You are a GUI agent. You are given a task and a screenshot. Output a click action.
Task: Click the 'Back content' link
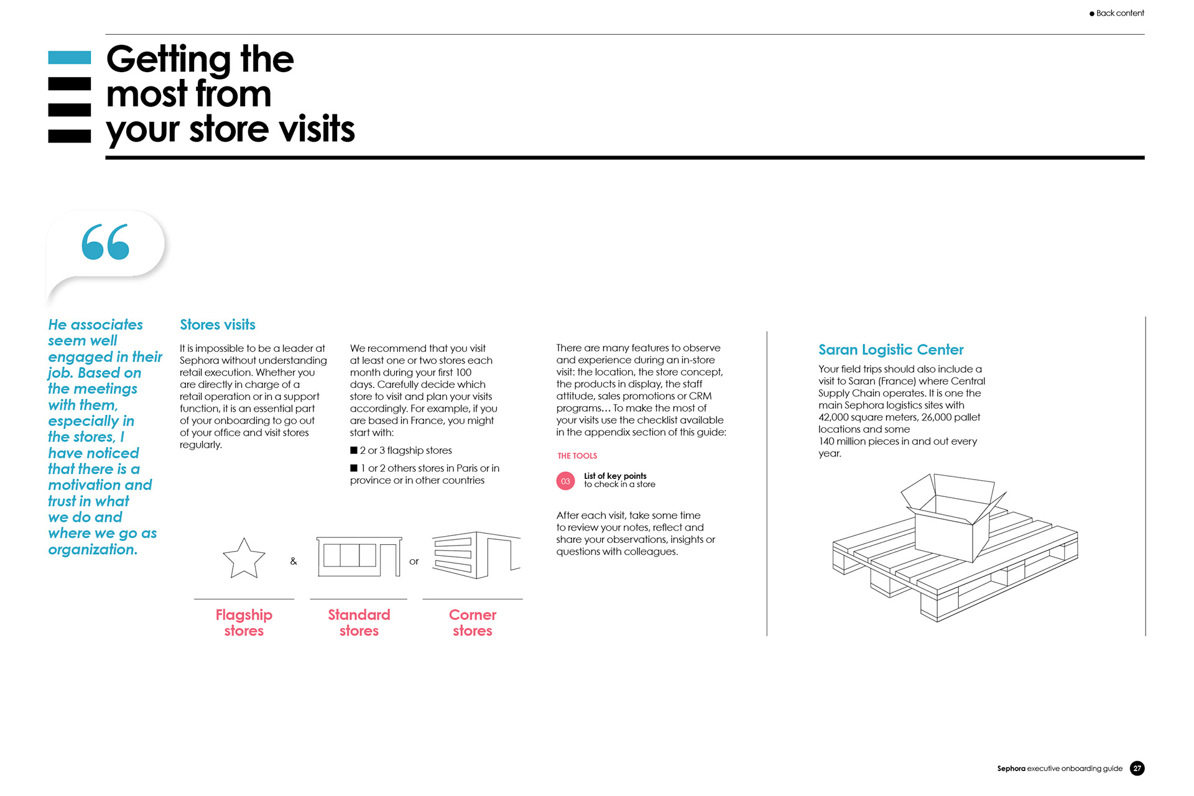click(x=1119, y=13)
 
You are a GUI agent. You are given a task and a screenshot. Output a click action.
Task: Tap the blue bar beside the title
click(x=69, y=58)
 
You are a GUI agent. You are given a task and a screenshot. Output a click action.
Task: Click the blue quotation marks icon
click(x=105, y=242)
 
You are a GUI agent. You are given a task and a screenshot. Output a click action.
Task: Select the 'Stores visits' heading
click(x=217, y=325)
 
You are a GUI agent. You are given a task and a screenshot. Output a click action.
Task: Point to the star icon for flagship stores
click(x=244, y=559)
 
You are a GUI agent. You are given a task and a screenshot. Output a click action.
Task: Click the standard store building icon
click(x=358, y=557)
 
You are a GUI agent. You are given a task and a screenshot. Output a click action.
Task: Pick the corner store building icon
click(x=476, y=555)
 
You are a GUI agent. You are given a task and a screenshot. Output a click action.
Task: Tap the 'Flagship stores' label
click(x=244, y=622)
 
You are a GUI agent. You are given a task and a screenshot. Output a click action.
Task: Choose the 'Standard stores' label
click(x=359, y=622)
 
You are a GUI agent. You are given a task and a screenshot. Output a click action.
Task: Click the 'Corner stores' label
click(x=473, y=622)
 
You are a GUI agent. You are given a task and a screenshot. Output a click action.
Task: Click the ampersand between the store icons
click(x=294, y=562)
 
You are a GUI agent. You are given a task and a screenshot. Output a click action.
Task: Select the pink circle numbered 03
click(x=565, y=481)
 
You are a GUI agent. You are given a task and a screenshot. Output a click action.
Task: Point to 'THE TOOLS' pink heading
click(x=577, y=456)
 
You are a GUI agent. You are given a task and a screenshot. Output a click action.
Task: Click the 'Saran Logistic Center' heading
click(x=891, y=349)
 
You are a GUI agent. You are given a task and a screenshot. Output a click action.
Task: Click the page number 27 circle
click(x=1137, y=769)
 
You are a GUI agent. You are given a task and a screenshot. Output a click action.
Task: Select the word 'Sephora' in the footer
click(x=1011, y=769)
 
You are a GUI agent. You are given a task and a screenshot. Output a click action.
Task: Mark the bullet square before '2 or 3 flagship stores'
click(x=354, y=450)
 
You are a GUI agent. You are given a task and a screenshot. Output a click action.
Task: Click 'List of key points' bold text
click(x=615, y=476)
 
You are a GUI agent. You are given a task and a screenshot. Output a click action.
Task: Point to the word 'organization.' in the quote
click(x=93, y=550)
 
